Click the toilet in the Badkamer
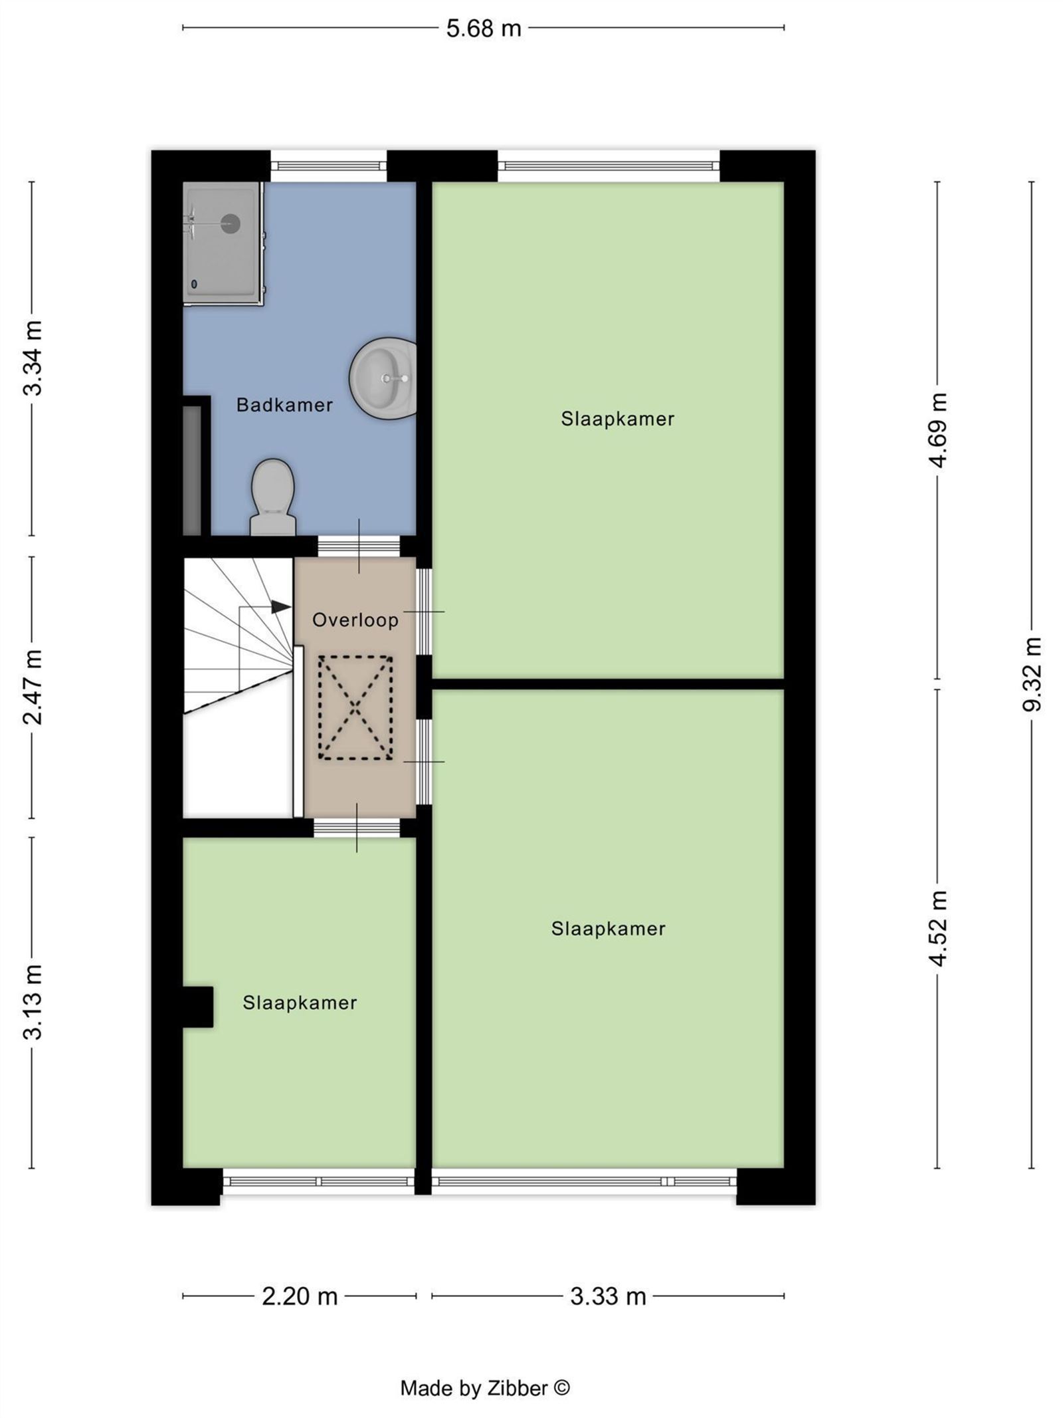point(272,497)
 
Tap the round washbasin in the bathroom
point(383,378)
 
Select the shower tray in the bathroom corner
point(223,244)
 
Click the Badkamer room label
point(284,405)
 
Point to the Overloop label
point(355,620)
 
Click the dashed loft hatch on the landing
point(355,707)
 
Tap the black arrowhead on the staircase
point(281,607)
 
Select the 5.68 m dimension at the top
point(484,29)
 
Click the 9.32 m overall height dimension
point(1031,673)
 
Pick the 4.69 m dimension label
point(937,430)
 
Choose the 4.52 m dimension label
point(937,928)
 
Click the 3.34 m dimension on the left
point(32,358)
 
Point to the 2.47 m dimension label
point(32,687)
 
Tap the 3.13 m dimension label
point(32,1002)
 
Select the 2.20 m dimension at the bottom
point(300,1296)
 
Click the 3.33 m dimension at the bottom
point(608,1296)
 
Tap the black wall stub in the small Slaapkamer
point(198,1007)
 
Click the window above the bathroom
point(328,166)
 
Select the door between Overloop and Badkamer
point(359,546)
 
